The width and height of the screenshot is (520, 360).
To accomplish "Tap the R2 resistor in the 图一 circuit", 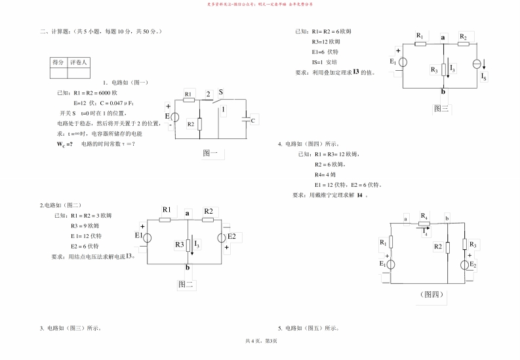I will pyautogui.click(x=199, y=123).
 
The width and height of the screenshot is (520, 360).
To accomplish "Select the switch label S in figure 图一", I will pyautogui.click(x=220, y=92).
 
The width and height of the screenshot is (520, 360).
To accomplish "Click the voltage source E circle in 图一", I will pyautogui.click(x=174, y=117).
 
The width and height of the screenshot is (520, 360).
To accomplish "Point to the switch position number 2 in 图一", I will pyautogui.click(x=208, y=94).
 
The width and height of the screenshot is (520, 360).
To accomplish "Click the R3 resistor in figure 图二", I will pyautogui.click(x=189, y=245).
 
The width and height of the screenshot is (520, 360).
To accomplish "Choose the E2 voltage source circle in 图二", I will pyautogui.click(x=222, y=237).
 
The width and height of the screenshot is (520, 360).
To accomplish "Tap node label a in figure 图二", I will pyautogui.click(x=188, y=213).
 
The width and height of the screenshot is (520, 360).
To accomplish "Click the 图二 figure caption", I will pyautogui.click(x=186, y=284).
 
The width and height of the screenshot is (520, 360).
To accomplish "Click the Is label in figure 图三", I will pyautogui.click(x=484, y=77).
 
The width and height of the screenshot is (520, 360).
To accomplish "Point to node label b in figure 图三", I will pyautogui.click(x=444, y=92).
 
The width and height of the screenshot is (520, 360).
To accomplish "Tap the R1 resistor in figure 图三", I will pyautogui.click(x=420, y=45).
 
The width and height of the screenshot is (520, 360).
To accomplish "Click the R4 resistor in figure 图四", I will pyautogui.click(x=425, y=223).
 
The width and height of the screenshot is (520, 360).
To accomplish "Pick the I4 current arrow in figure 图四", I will pyautogui.click(x=425, y=231).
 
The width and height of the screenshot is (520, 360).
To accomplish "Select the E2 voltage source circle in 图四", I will pyautogui.click(x=464, y=264).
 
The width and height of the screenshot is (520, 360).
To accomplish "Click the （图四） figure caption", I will pyautogui.click(x=431, y=294).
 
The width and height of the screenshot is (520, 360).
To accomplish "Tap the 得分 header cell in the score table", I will pyautogui.click(x=58, y=62).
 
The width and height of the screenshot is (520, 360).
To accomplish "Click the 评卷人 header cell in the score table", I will pyautogui.click(x=78, y=62).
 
